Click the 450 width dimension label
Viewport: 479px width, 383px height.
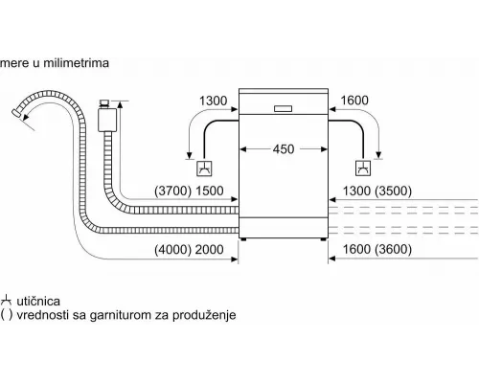pos(284,149)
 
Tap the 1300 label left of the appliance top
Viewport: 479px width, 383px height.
pos(213,101)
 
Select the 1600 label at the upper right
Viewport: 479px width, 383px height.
pos(354,101)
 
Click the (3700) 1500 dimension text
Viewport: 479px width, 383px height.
pos(189,191)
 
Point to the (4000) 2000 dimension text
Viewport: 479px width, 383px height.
pos(189,249)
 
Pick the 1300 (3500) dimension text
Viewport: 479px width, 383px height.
pos(377,191)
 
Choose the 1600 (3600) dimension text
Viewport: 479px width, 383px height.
pos(377,249)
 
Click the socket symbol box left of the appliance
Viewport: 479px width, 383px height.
pos(204,169)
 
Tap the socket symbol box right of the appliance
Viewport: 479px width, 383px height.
pos(363,168)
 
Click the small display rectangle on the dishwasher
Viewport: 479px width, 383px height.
pos(283,108)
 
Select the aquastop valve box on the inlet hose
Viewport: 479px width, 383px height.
pos(107,120)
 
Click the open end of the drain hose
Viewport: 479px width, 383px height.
pos(16,113)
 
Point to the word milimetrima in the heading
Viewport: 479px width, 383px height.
pos(76,63)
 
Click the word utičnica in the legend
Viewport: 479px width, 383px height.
pos(38,301)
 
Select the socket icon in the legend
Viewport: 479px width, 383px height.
pos(6,301)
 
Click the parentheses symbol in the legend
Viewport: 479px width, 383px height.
pos(7,315)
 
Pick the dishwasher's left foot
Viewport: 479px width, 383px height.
pos(243,239)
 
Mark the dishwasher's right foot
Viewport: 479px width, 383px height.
pos(324,239)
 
